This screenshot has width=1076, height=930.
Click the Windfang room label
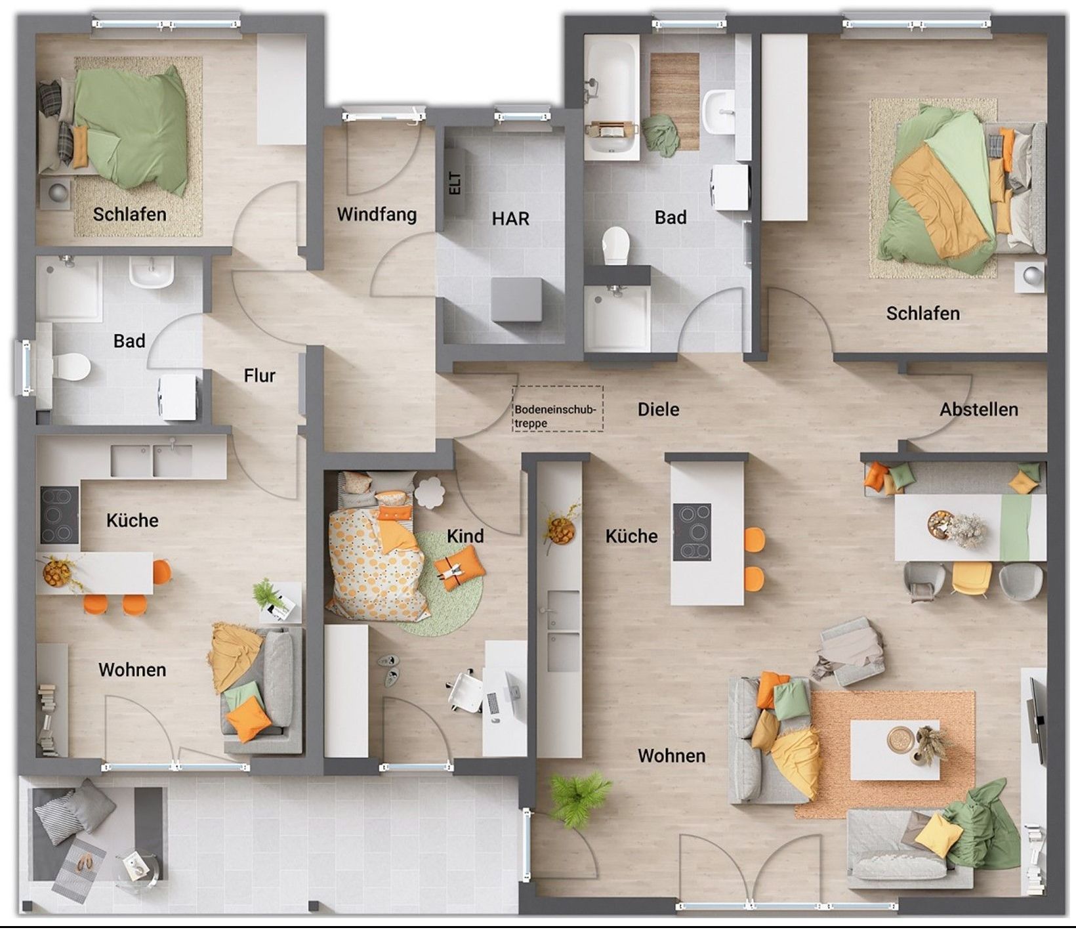pos(377,215)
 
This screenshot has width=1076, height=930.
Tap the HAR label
pos(510,219)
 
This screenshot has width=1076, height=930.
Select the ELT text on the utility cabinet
pos(455,183)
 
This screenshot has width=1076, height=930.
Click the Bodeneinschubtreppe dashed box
pos(558,409)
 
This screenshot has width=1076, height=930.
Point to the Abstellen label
pos(979,410)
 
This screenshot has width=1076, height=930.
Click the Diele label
pos(658,410)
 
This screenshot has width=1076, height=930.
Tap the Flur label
pos(259,375)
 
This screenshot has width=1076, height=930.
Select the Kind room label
pos(465,536)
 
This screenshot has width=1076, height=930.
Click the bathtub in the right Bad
pos(611,96)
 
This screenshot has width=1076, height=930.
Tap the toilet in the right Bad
pos(615,245)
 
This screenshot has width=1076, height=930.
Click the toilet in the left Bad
pos(70,367)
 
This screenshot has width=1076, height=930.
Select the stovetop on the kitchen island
pos(692,532)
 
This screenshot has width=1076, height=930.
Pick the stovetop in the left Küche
pos(60,516)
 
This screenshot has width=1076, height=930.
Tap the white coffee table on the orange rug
pos(895,750)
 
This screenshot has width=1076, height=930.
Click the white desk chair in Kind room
pos(466,690)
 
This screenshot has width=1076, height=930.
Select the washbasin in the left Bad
pos(152,272)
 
